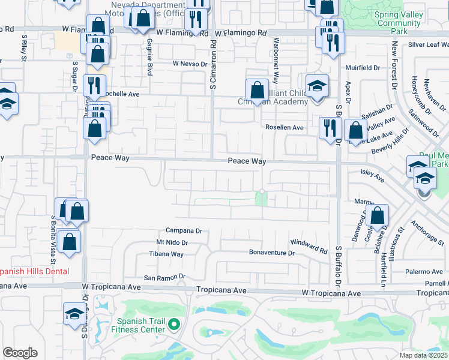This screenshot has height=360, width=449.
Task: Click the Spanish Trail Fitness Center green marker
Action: point(174,325)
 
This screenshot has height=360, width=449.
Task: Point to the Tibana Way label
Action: point(166,254)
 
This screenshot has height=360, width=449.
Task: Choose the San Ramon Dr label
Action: point(165,277)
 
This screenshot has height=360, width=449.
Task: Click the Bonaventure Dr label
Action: point(272,253)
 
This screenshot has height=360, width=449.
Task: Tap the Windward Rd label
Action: point(309,247)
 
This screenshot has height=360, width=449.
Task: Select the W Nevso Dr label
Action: point(190,63)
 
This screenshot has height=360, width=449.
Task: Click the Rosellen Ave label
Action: point(285,128)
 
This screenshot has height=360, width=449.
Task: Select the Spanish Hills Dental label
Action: point(34,271)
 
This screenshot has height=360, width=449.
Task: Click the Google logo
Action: point(20,353)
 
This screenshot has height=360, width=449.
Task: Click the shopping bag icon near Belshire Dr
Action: point(378,217)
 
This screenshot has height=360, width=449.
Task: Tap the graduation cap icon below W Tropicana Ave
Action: point(74,314)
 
